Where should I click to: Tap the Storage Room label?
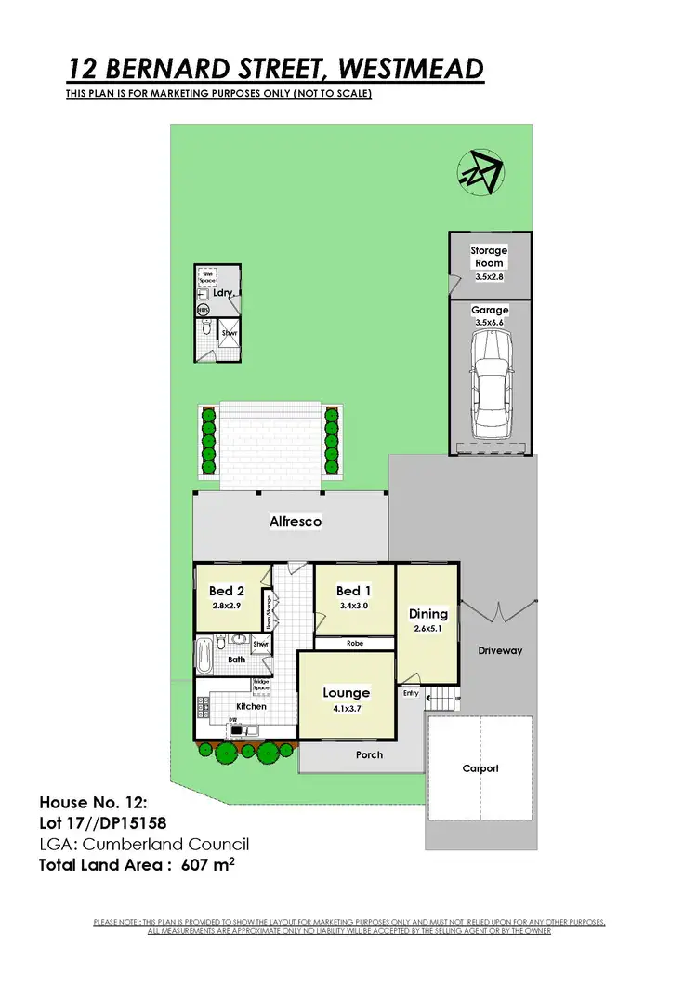pos(488,257)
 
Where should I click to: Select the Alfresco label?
pos(296,522)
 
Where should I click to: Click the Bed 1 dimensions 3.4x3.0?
pos(348,607)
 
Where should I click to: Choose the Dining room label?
pos(428,614)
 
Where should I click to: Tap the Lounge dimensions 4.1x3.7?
pos(346,709)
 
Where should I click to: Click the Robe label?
pos(355,643)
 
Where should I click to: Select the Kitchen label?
pos(251,707)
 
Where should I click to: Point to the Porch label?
pos(369,754)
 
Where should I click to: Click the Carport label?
pos(480,768)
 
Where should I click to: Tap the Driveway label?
pos(500,651)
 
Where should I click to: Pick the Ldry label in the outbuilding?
pos(221,293)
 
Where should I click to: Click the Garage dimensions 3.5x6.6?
pos(490,322)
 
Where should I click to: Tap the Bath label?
pos(236,660)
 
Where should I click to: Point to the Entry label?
pos(411,693)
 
